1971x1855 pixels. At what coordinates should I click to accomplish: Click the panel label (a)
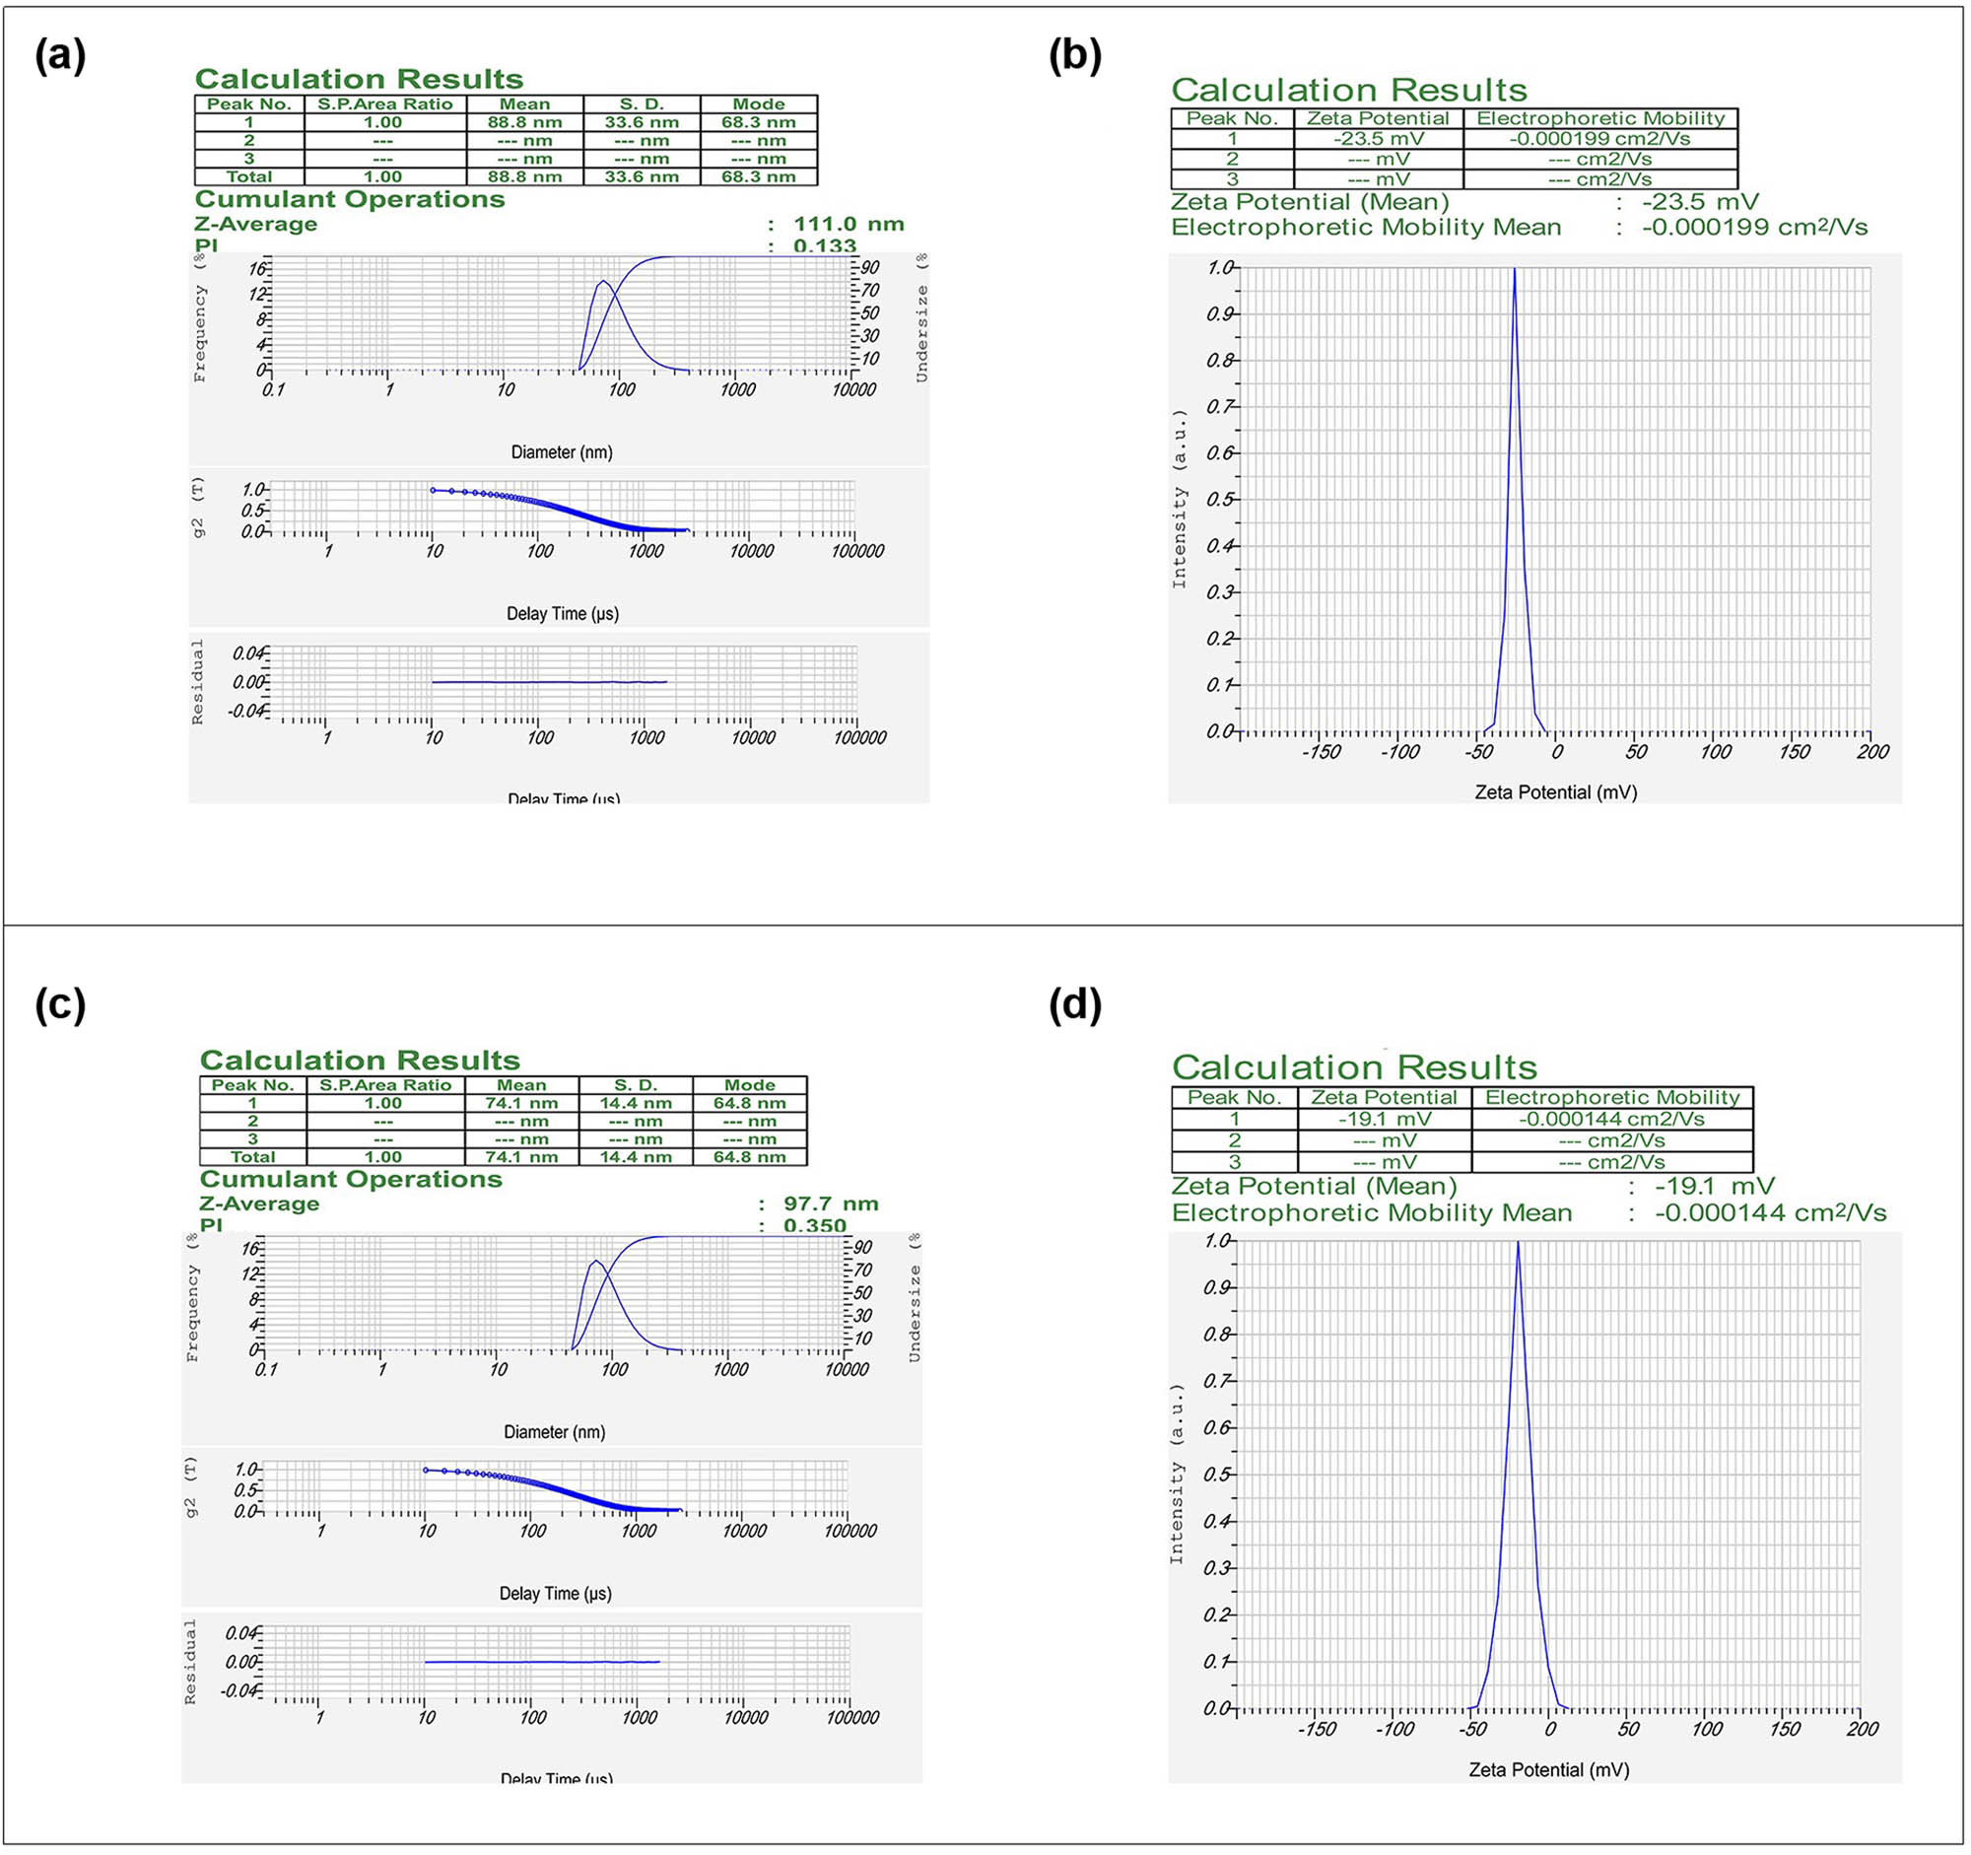click(x=60, y=55)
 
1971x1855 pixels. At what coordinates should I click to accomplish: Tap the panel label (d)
click(x=1075, y=1005)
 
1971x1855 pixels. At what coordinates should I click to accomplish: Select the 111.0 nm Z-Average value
click(x=849, y=224)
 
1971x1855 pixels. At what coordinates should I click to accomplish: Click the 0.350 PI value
click(x=815, y=1225)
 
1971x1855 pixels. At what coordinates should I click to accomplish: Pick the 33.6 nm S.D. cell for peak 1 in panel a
click(x=642, y=123)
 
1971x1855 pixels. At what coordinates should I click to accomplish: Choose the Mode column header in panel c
click(x=750, y=1084)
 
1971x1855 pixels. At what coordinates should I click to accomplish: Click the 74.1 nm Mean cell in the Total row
click(x=521, y=1156)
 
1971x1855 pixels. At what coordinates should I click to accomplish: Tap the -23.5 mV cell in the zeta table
click(x=1378, y=139)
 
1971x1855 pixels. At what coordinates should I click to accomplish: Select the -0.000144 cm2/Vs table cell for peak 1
click(x=1611, y=1119)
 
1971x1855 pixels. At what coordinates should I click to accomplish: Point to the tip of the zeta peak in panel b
click(x=1514, y=269)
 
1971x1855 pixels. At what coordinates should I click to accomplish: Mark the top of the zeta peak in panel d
click(x=1518, y=1242)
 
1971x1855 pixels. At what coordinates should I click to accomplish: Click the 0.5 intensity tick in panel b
click(x=1219, y=499)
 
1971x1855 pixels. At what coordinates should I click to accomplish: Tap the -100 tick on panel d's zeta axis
click(x=1393, y=1729)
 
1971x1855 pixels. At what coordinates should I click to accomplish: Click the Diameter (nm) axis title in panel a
click(x=561, y=452)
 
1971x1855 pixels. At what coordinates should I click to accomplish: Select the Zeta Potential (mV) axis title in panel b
click(x=1555, y=792)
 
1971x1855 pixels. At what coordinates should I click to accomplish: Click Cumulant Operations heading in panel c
click(x=351, y=1179)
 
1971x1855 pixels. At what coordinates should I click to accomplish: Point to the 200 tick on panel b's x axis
click(x=1872, y=751)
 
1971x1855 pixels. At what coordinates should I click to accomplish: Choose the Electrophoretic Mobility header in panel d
click(x=1612, y=1097)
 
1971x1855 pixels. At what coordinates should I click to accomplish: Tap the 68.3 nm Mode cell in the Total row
click(x=759, y=176)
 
